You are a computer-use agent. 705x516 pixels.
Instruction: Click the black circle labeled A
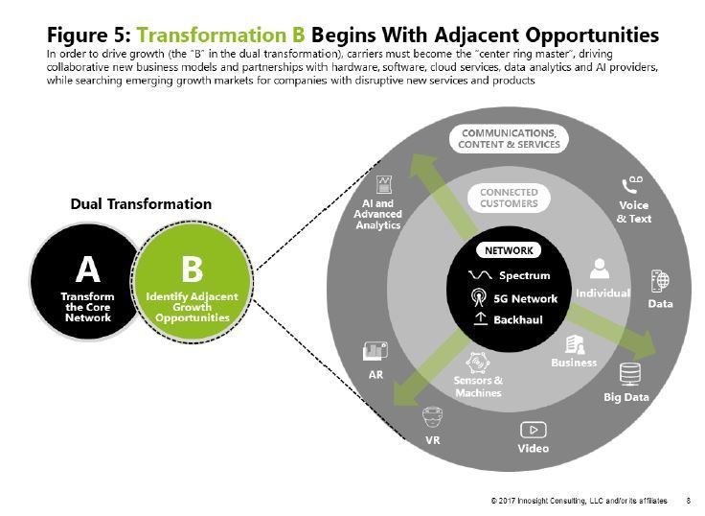pos(86,281)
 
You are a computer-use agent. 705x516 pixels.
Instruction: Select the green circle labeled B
pos(193,282)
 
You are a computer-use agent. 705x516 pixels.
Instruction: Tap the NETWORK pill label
pos(509,250)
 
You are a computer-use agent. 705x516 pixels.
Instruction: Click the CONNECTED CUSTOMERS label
pos(509,198)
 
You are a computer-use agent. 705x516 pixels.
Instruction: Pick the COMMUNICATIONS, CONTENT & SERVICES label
pos(509,139)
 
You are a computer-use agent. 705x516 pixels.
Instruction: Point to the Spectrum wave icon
pos(480,275)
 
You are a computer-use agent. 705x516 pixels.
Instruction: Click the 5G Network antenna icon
pos(478,297)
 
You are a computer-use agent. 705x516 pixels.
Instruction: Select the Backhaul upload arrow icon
pos(480,318)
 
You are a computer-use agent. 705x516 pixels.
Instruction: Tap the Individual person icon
pos(600,269)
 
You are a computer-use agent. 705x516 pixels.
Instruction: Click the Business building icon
pos(575,345)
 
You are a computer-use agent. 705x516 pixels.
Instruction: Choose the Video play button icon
pos(534,430)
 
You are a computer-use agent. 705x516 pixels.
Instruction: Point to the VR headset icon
pos(433,417)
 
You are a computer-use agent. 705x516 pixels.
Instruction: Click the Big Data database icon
pos(630,374)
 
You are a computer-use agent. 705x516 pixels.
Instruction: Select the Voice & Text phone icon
pos(631,184)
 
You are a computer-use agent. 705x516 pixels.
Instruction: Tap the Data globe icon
pos(660,281)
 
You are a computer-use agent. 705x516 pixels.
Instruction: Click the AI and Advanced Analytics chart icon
pos(384,184)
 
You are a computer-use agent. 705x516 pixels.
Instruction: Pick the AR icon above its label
pos(375,351)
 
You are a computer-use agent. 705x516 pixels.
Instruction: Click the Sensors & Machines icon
pos(477,363)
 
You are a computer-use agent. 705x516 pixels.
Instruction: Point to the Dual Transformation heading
pos(141,204)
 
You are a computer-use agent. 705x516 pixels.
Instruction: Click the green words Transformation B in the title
pos(220,35)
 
